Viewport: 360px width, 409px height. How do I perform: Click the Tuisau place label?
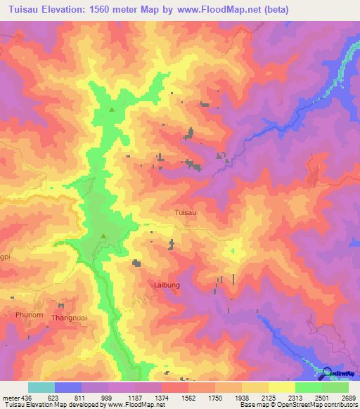[185, 211]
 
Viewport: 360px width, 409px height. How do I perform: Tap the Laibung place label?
[167, 285]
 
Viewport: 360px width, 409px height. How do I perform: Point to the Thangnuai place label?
[68, 318]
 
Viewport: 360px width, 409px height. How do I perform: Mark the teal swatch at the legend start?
[41, 387]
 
